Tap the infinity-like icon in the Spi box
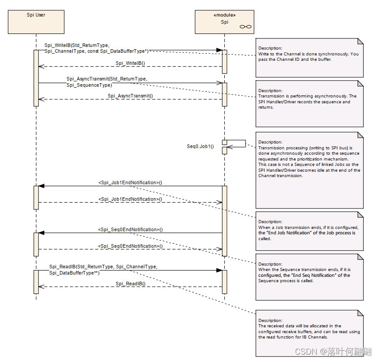[245, 27]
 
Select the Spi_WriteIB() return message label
[130, 64]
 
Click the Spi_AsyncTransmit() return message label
[130, 96]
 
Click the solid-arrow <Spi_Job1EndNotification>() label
[130, 182]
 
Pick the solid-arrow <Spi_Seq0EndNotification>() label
[130, 229]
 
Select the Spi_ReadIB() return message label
[130, 284]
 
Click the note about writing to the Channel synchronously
[309, 57]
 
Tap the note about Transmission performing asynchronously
[309, 103]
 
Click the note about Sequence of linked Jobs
[309, 170]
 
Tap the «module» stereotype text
[224, 14]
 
